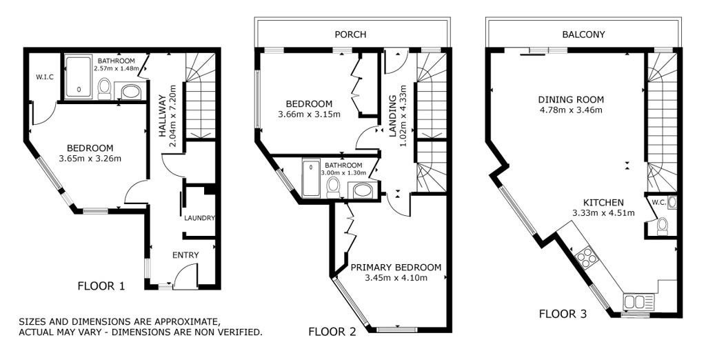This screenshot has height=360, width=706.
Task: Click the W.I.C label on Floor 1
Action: point(45,77)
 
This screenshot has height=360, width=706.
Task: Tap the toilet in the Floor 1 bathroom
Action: point(105,88)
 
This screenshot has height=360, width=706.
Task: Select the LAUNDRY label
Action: point(199,218)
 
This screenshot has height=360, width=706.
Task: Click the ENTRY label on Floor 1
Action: point(185,255)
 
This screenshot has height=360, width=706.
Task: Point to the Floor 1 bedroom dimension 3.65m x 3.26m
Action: point(90,158)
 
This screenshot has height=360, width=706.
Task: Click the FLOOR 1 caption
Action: point(101,286)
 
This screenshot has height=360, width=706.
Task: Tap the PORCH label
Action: point(350,34)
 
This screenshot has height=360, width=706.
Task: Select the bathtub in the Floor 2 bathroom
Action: point(311,178)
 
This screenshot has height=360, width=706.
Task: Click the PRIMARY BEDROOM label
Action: point(396,267)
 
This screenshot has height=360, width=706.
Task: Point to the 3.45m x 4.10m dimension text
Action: point(396,277)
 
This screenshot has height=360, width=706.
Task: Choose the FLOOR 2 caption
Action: point(332,332)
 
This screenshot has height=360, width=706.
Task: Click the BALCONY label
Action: point(583,34)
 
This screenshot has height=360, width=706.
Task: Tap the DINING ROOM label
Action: point(571,99)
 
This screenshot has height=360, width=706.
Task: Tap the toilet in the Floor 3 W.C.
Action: point(663,226)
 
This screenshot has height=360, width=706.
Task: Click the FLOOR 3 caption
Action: point(563,314)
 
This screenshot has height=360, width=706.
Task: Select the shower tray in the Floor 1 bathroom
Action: point(79,77)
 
